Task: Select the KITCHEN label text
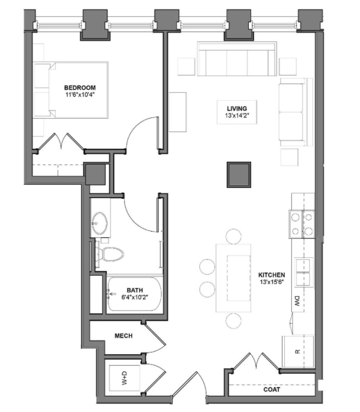pos(272,275)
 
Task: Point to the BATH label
pos(135,290)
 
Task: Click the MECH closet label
pos(124,336)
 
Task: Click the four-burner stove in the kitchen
pos(302,223)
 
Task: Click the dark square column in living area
pos(239,174)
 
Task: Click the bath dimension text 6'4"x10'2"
pos(135,298)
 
